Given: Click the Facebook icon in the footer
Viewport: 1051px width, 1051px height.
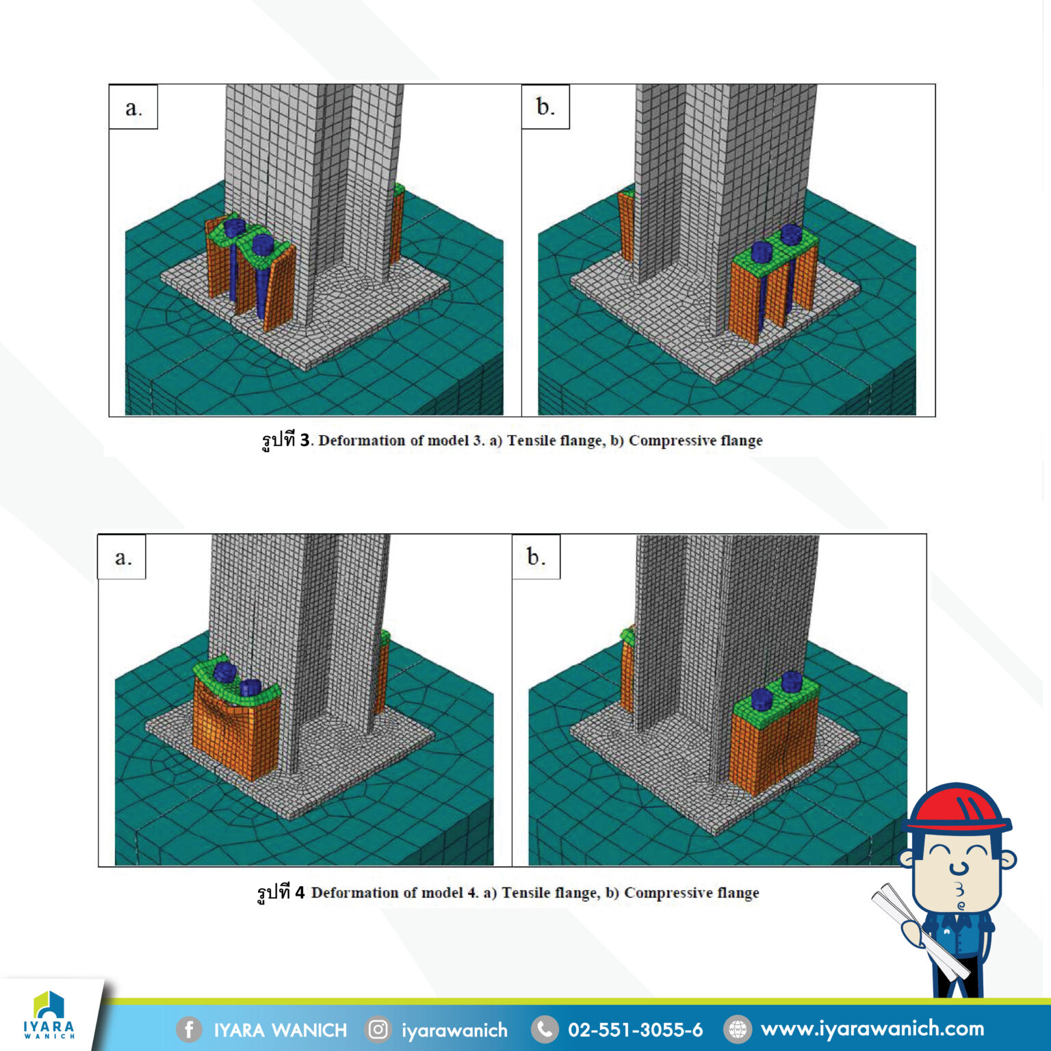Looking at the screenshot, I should click(189, 1029).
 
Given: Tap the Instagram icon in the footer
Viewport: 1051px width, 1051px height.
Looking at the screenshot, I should click(378, 1029).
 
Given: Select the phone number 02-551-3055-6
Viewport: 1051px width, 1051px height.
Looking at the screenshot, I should click(635, 1029).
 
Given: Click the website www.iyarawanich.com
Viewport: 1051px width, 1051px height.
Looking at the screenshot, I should click(872, 1028).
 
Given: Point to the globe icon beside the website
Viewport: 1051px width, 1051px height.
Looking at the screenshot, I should click(737, 1029).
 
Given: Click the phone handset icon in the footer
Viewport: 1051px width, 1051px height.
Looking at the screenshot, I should click(544, 1029).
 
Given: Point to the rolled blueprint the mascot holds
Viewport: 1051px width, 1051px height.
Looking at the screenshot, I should click(920, 931).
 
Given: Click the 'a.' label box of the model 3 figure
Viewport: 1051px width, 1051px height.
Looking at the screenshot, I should click(133, 107).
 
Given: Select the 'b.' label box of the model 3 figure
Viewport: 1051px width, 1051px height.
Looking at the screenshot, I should click(545, 107).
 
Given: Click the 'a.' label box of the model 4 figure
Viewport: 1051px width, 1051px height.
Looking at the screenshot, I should click(122, 557).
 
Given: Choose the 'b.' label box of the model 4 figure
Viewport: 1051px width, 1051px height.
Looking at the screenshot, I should click(536, 557).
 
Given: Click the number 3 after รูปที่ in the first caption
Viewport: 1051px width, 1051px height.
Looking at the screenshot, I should click(305, 440).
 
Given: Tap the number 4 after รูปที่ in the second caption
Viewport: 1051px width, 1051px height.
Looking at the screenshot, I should click(300, 892).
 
